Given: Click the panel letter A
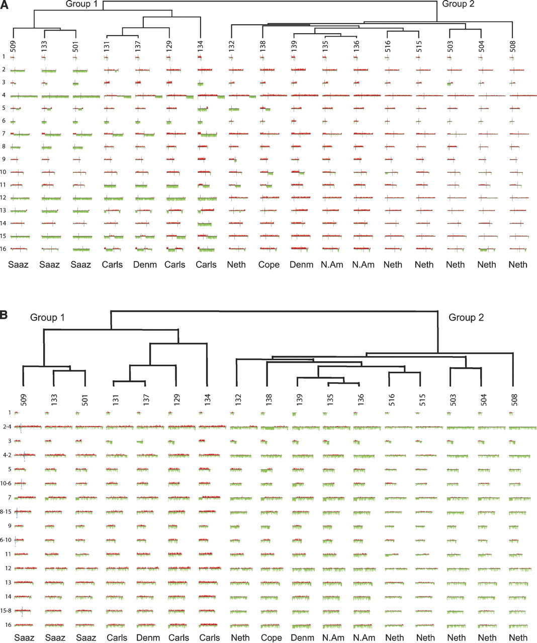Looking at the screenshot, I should point(4,5).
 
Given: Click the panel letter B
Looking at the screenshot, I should point(4,315).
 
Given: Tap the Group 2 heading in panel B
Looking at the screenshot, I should point(466,317).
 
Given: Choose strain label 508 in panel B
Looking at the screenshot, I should point(513,399).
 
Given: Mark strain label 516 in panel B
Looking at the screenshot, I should point(392,399).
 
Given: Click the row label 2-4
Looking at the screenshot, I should point(7,427).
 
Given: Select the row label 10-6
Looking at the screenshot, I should point(6,483).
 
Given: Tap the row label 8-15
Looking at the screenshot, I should point(6,512).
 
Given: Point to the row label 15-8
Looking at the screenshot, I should point(6,611).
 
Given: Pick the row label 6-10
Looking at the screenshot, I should point(6,540).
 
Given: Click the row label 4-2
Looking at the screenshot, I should point(7,455).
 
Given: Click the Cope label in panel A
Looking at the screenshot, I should point(268,265).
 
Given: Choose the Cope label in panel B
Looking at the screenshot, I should point(271,637).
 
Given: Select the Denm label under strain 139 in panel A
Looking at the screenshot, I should point(301,265).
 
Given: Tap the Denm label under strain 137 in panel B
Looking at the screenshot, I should point(148,637).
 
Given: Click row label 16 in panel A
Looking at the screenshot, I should point(4,249).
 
